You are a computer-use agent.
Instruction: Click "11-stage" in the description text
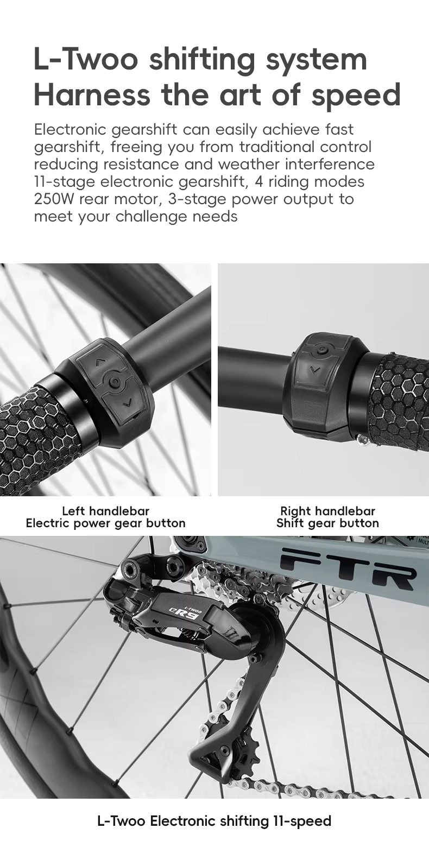tap(65, 181)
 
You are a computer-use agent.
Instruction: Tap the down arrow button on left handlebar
tap(127, 402)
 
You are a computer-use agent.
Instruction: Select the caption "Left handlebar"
tap(105, 511)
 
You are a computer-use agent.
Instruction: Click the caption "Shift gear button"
tap(327, 523)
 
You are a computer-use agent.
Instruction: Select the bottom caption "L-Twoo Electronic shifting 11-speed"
tap(214, 821)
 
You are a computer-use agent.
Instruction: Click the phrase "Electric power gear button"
tap(105, 523)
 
